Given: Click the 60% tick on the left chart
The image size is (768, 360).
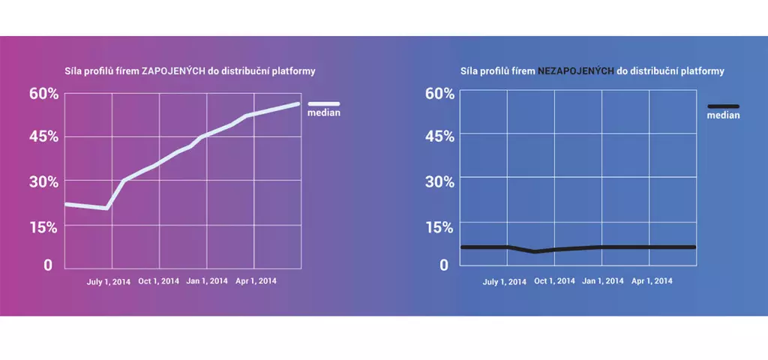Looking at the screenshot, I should click(43, 94).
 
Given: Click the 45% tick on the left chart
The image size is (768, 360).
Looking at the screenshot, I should click(43, 136).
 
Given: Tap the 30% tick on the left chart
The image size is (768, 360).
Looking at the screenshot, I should click(43, 181).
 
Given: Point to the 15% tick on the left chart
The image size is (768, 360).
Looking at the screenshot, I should click(43, 227).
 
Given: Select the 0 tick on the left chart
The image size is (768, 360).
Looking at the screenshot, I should click(49, 265).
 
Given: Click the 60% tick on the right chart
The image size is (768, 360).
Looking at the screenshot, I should click(439, 94).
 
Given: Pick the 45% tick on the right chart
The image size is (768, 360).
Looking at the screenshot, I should click(439, 136).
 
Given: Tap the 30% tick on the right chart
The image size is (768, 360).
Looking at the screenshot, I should click(439, 181).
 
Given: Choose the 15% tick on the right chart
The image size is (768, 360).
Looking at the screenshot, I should click(439, 226).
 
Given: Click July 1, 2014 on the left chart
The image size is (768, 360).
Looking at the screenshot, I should click(109, 281).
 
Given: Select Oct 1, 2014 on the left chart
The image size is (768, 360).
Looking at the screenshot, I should click(158, 281).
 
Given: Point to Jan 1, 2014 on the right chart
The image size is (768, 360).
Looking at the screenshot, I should click(603, 281).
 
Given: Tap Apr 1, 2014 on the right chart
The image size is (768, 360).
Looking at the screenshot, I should click(652, 281).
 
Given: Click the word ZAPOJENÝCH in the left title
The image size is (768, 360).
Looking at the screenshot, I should click(173, 72).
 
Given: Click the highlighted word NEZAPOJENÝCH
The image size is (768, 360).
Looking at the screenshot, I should click(575, 72).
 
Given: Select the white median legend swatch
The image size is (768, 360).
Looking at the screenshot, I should click(324, 104).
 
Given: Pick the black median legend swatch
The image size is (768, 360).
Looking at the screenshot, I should click(723, 106).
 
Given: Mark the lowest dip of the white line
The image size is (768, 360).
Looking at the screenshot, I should click(106, 208).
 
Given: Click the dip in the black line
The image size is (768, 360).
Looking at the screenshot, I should click(535, 252).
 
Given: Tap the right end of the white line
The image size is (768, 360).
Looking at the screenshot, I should click(298, 103).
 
